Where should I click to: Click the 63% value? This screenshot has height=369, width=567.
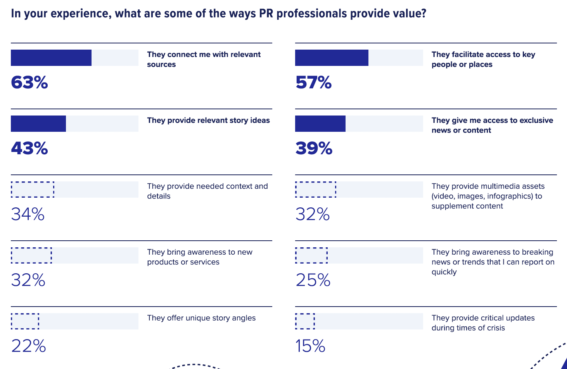[29, 82]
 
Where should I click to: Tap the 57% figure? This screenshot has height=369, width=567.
[314, 82]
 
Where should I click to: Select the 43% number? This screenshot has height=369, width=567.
[29, 148]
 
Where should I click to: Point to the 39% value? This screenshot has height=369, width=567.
[314, 148]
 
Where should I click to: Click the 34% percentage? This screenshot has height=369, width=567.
[28, 214]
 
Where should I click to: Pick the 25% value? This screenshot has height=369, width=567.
[313, 280]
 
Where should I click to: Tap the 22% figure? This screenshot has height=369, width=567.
[29, 346]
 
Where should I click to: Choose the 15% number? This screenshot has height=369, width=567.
[310, 346]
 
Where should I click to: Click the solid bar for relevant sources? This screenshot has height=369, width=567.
[51, 58]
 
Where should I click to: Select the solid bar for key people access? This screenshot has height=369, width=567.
[332, 58]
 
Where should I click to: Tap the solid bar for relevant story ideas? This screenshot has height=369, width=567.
[38, 124]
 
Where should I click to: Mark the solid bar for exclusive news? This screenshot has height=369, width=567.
[320, 124]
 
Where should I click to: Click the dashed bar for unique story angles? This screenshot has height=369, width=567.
[25, 321]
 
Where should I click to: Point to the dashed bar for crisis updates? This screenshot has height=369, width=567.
[305, 321]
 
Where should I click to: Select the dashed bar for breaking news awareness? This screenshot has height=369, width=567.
[311, 255]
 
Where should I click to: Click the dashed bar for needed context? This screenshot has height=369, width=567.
[33, 190]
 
